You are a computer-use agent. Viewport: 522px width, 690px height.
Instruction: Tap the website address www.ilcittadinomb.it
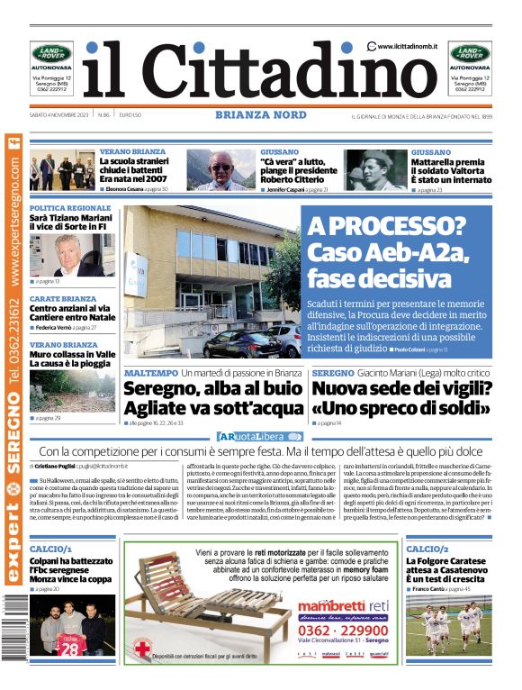(407, 46)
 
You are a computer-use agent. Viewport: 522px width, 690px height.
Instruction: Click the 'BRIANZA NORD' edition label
(260, 115)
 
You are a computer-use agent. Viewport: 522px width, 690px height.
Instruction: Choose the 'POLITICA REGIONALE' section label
(70, 208)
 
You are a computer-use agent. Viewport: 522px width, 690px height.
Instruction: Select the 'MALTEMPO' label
(150, 372)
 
